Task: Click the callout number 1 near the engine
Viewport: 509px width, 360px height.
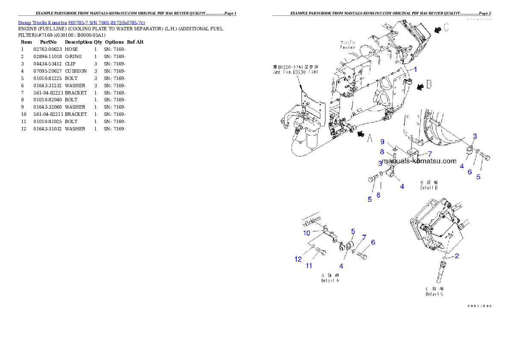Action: pos(415,69)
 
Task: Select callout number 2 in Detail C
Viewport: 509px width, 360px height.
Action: pos(457,256)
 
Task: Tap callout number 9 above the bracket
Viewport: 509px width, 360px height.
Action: pos(382,142)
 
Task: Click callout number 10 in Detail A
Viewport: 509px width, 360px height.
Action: pos(307,233)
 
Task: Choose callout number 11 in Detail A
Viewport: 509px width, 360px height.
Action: pos(309,266)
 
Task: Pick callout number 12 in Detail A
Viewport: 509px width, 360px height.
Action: pos(298,259)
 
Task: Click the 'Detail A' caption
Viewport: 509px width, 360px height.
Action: pos(330,278)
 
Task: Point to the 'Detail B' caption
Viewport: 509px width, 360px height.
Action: pos(429,185)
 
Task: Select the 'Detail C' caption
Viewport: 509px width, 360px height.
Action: pos(434,292)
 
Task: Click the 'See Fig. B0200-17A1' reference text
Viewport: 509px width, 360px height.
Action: pos(296,70)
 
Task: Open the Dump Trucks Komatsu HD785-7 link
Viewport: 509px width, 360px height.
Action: pos(81,23)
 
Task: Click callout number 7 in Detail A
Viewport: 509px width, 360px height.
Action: pos(364,236)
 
